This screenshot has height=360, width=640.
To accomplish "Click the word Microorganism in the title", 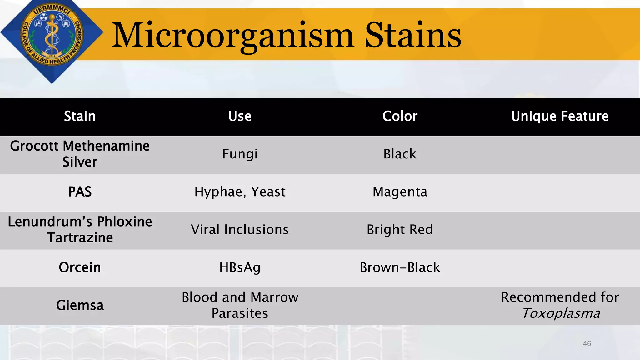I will tap(233, 36).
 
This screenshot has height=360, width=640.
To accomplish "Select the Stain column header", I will tap(80, 116).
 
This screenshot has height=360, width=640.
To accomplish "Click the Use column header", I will tap(240, 116).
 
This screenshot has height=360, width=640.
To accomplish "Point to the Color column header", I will tap(400, 116).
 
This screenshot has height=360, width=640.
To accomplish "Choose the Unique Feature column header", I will tap(560, 116).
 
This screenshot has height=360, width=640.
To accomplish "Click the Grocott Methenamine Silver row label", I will tap(80, 154).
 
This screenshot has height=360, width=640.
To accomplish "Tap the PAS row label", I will tap(80, 192).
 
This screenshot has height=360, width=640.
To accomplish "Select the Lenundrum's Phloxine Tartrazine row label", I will tap(80, 230).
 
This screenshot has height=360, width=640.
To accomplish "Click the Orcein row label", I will tap(80, 267).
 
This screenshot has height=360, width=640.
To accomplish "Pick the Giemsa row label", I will tap(80, 305).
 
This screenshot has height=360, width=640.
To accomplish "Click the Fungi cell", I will tap(240, 154).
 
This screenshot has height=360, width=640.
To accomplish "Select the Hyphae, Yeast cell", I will tap(240, 192).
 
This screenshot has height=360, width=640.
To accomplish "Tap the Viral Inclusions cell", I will tap(240, 230).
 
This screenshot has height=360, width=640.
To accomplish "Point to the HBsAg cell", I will tap(240, 267).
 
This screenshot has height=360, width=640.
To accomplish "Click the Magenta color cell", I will tap(400, 192).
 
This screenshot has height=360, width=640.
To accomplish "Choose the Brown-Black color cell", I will tap(400, 267).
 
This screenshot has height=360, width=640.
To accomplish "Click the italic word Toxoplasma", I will tap(561, 313).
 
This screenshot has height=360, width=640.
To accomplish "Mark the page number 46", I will tap(587, 344).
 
